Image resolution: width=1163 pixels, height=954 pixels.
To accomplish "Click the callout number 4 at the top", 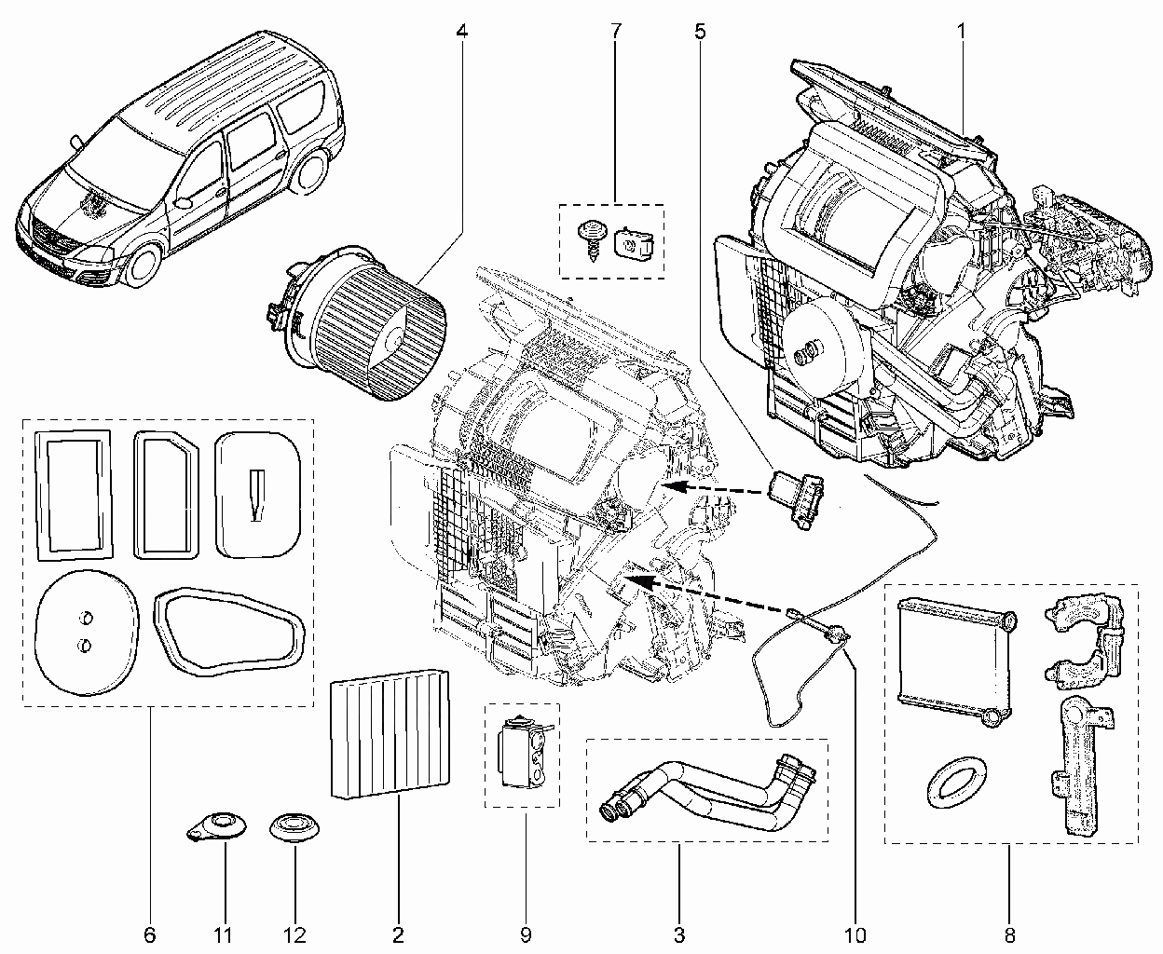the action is [461, 32].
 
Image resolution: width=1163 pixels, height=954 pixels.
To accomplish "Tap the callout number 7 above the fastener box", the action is [615, 32].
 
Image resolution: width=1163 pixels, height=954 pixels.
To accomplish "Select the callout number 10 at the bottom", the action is [855, 934].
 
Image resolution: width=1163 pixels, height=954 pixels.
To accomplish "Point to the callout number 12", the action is [295, 934].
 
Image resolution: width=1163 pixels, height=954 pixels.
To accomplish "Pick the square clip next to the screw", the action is [635, 243].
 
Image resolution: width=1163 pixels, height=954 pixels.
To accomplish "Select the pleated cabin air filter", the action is [390, 733].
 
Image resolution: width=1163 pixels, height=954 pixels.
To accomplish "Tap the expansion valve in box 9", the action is [523, 751].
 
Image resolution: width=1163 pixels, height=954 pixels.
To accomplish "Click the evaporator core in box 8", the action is [956, 661].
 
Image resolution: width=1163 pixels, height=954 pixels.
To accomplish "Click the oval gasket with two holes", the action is [86, 632].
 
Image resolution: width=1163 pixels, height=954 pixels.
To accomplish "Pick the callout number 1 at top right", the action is [961, 32].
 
